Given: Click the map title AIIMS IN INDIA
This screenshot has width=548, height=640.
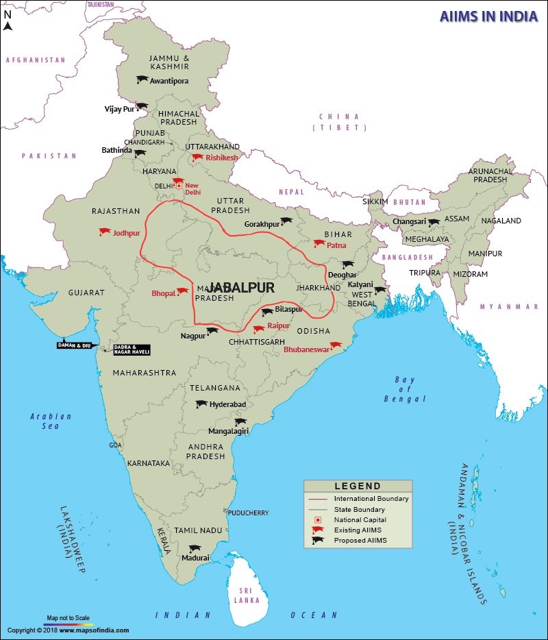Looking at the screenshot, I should (488, 16).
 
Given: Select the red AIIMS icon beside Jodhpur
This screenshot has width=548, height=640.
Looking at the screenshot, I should (105, 232).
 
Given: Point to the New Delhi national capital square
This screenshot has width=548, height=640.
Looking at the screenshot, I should (179, 185).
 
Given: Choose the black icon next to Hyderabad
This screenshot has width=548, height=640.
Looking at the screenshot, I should (201, 404).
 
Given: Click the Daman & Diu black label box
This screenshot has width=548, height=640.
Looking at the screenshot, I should (74, 345).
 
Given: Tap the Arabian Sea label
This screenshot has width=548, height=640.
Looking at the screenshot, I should (51, 421).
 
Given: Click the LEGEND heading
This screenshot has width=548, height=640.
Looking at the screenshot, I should (358, 486).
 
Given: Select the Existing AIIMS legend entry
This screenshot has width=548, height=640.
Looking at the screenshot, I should (358, 530).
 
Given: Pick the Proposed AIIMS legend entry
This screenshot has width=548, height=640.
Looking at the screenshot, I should (360, 541).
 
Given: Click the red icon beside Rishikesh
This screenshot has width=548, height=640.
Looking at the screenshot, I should (197, 158).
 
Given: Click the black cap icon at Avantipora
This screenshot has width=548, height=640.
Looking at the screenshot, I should (142, 79).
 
